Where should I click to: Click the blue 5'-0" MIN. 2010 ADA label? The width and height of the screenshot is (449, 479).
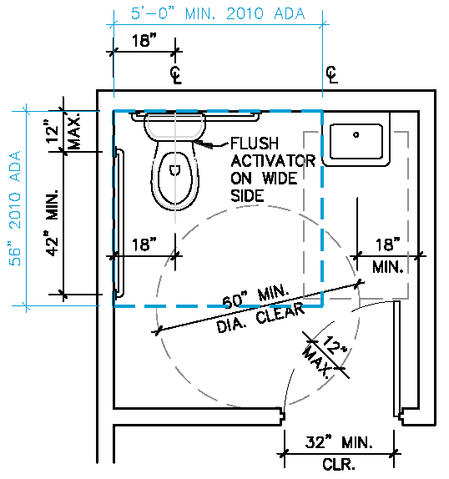click(x=218, y=13)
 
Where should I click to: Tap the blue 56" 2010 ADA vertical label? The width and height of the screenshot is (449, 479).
click(x=15, y=209)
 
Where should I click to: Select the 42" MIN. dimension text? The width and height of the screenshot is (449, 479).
click(x=53, y=223)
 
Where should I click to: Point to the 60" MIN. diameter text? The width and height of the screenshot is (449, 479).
click(x=256, y=297)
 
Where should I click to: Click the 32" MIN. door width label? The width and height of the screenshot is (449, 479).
click(x=339, y=442)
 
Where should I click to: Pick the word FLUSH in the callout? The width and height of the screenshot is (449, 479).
click(x=255, y=144)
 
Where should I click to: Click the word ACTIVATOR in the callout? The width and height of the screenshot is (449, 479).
click(x=273, y=161)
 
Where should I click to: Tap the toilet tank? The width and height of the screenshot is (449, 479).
click(x=175, y=126)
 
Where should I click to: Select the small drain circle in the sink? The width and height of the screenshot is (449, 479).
click(x=356, y=134)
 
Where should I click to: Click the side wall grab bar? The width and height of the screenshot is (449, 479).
click(x=119, y=223)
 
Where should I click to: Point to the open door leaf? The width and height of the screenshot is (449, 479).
click(x=396, y=359)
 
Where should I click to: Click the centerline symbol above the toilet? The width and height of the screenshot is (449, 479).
click(x=176, y=74)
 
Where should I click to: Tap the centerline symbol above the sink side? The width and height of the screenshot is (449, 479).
click(x=332, y=74)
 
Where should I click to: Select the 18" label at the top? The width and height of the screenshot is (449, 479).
click(x=144, y=40)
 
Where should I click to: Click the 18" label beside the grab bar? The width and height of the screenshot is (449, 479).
click(x=144, y=245)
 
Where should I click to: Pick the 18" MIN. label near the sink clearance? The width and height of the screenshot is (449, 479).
click(x=387, y=256)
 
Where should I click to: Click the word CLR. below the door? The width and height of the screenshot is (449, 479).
click(x=339, y=465)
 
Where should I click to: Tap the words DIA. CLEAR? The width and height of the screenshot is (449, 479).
click(x=260, y=318)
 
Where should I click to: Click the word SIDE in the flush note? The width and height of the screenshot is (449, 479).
click(x=247, y=195)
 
